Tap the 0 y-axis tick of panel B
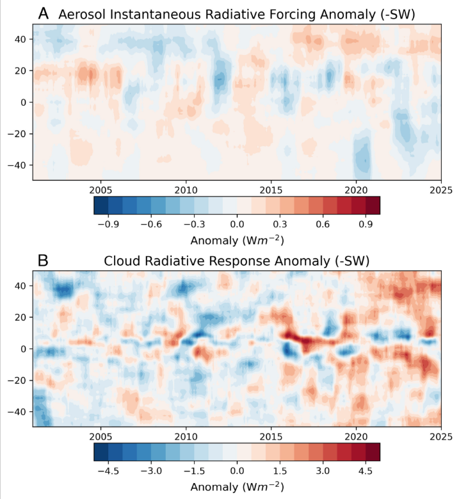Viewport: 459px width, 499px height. [24, 349]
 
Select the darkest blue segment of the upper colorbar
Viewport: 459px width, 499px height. [101, 204]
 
